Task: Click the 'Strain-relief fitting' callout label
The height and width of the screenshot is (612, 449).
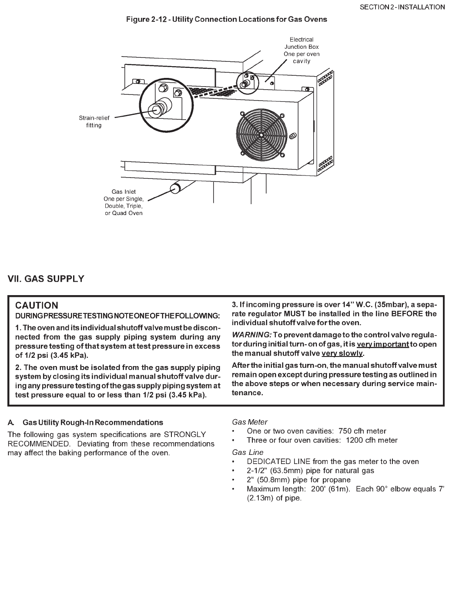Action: pos(94,121)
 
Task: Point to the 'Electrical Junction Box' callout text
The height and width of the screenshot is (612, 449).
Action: pos(302,50)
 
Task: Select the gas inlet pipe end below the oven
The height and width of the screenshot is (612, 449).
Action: pos(176,188)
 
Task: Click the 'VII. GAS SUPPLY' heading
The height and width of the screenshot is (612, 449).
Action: pos(46,279)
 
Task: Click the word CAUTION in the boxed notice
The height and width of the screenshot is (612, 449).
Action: pos(37,306)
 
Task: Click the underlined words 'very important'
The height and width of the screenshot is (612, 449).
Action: pos(382,344)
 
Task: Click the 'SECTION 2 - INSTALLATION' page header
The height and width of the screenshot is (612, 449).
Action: pos(402,7)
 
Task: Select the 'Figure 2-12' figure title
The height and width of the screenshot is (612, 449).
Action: pos(226,19)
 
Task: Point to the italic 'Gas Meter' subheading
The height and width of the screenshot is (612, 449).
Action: pos(250,422)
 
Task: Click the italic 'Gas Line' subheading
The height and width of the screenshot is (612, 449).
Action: pos(248,452)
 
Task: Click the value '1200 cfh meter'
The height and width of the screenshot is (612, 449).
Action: pos(372,440)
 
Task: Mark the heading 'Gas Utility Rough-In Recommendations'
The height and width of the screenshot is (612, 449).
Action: pos(93,422)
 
